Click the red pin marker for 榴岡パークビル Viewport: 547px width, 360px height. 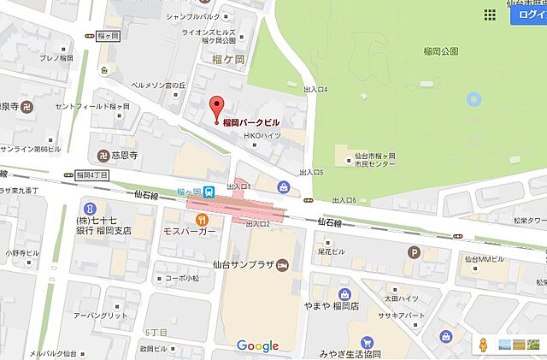(216, 108)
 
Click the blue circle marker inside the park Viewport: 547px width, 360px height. (473, 101)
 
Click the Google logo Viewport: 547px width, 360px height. (258, 345)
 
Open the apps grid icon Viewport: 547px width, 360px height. (490, 15)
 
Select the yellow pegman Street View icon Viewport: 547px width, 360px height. (482, 345)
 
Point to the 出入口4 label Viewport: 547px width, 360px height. (315, 89)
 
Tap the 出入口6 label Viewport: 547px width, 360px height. (343, 200)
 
